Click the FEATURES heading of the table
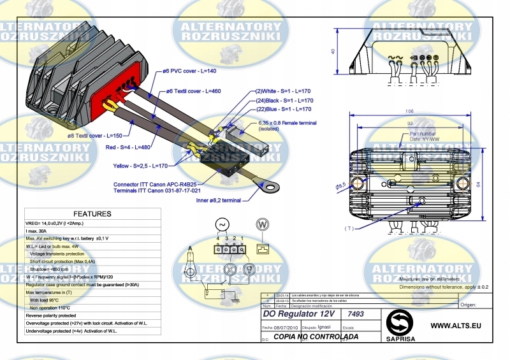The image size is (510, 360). [x=92, y=214]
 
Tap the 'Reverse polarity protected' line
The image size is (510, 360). [x=50, y=315]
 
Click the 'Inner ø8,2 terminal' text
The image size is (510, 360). [x=218, y=200]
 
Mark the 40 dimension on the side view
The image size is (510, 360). [x=333, y=52]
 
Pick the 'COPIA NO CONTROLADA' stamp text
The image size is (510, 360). [x=316, y=336]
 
